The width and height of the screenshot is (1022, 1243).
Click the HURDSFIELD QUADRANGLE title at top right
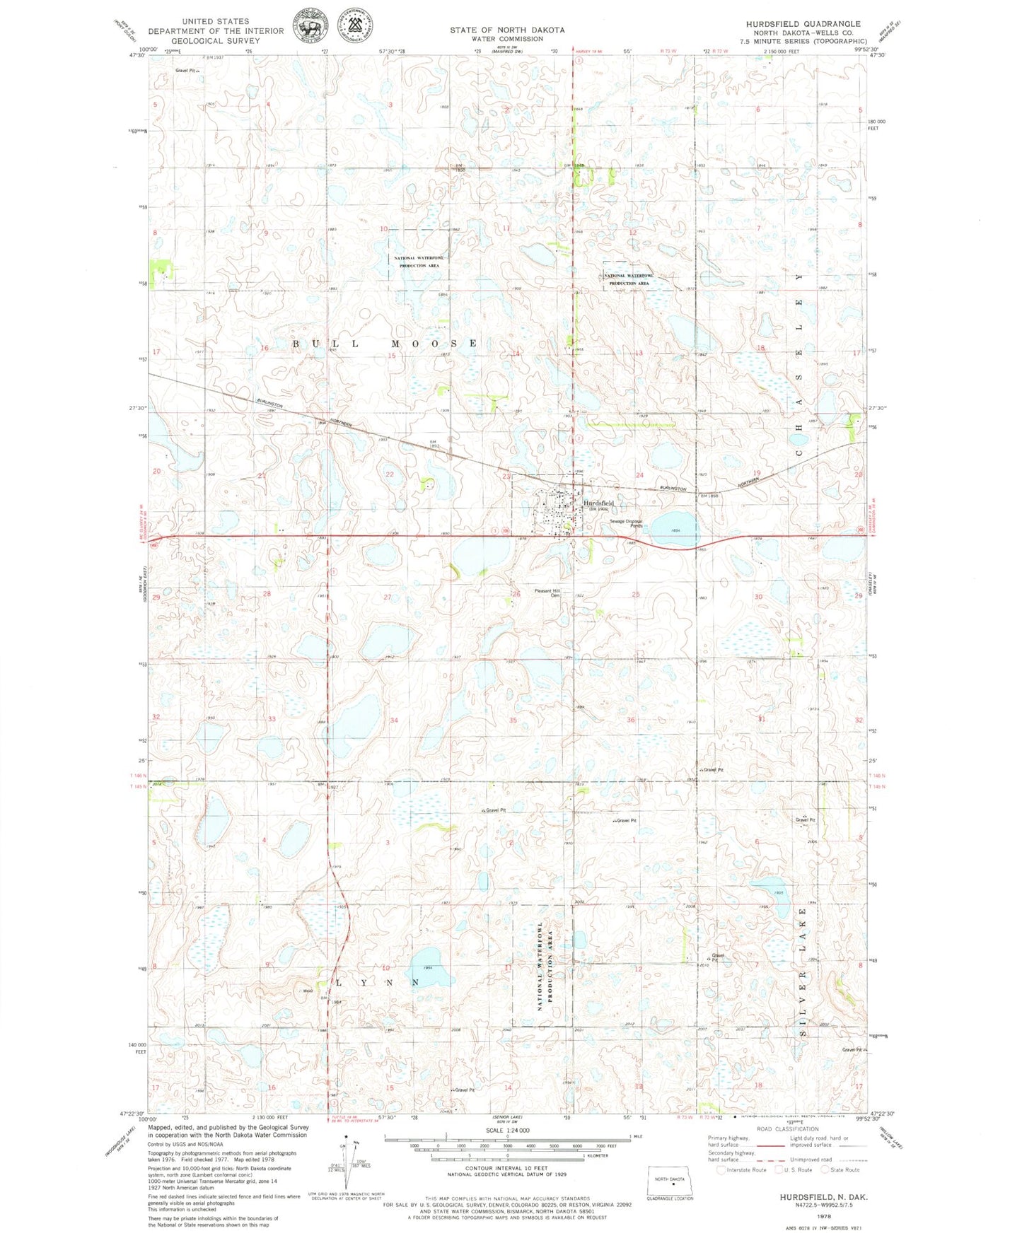[803, 23]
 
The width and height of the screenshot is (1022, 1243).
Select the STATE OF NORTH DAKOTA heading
[507, 30]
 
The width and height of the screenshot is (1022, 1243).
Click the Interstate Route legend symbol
[721, 1169]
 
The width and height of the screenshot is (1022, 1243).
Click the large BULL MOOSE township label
[386, 344]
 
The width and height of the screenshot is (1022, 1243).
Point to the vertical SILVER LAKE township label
[803, 972]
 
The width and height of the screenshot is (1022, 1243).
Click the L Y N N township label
[376, 983]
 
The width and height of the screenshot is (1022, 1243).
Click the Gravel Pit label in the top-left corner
[187, 71]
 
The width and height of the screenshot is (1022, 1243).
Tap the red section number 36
[631, 720]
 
